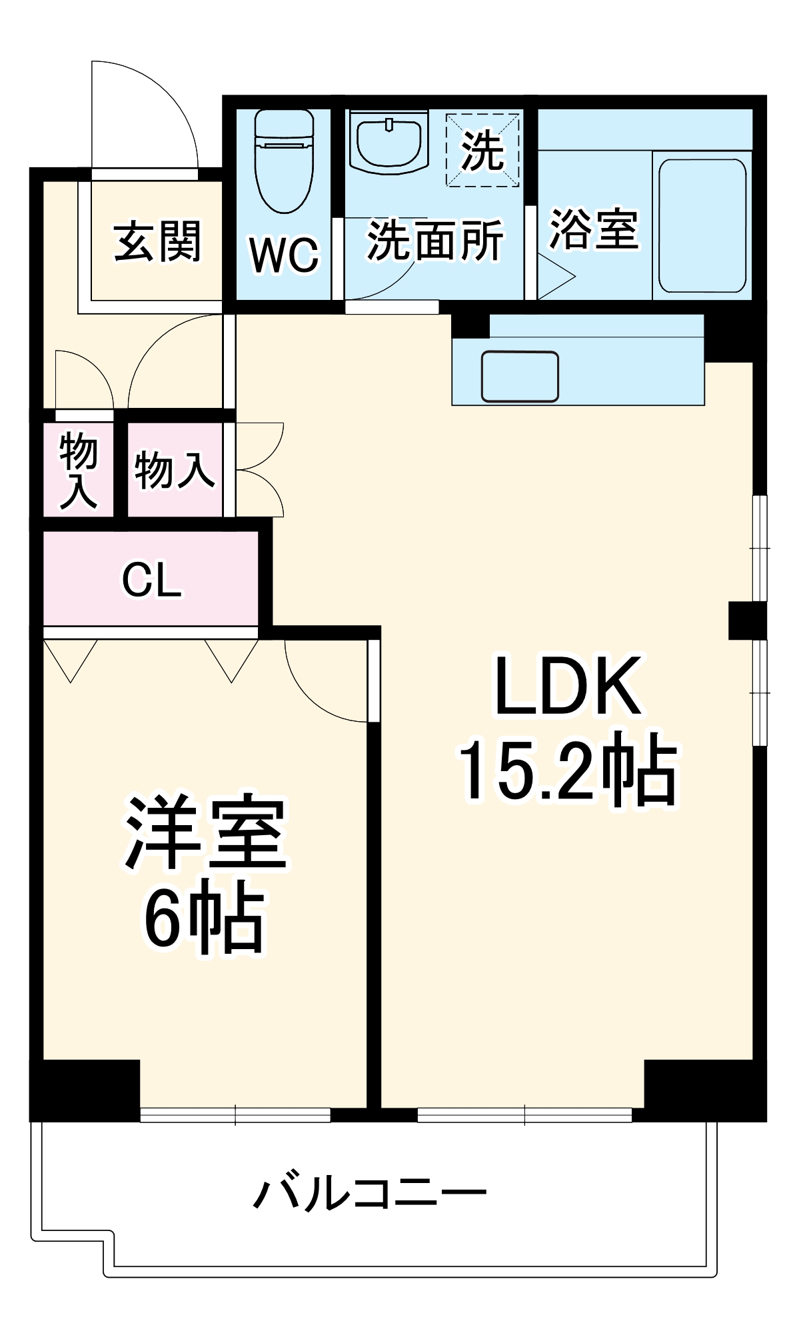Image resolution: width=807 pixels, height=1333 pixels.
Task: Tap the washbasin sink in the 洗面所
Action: [389, 142]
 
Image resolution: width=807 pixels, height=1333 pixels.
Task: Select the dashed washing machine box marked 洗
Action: [482, 151]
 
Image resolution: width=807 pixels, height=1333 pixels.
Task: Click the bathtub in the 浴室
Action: [702, 225]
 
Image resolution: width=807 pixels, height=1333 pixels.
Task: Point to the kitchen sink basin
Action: [520, 377]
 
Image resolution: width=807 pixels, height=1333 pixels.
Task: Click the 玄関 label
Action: [157, 241]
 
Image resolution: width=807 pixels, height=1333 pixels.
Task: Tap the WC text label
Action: [284, 255]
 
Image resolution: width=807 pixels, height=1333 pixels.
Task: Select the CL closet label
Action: [151, 580]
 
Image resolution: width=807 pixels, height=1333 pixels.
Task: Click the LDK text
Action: [568, 686]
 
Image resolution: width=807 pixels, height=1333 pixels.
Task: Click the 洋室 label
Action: [205, 833]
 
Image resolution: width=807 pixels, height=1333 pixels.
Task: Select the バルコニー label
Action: [371, 1194]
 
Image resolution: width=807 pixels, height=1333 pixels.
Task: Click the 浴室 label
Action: [593, 230]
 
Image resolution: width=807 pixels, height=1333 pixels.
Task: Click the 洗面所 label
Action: [434, 241]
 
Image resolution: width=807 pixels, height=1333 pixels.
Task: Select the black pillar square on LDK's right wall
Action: [746, 621]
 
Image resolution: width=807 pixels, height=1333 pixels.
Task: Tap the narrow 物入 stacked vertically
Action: [78, 470]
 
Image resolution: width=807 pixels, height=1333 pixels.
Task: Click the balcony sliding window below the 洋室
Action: [235, 1115]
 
